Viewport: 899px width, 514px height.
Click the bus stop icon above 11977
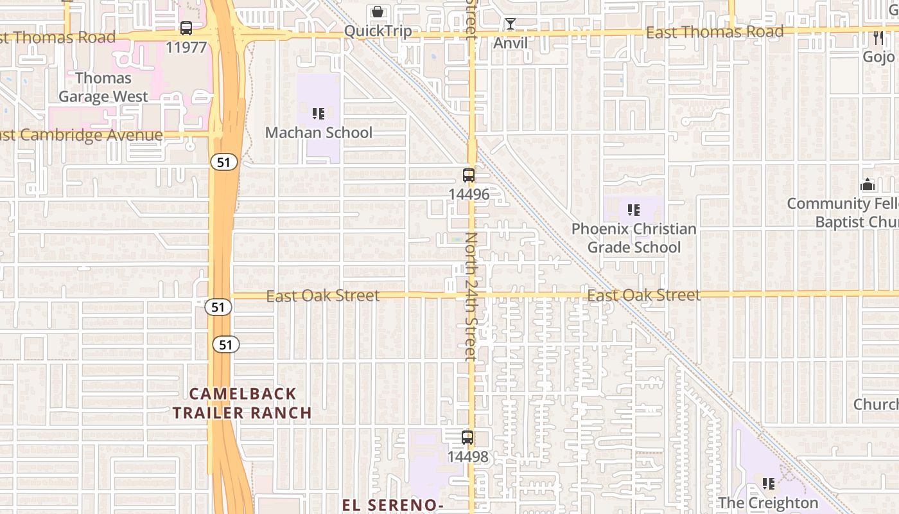coord(186,28)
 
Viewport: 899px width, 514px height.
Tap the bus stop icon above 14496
coord(469,175)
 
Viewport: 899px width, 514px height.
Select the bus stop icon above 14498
coord(467,438)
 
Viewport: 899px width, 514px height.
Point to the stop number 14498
coord(467,457)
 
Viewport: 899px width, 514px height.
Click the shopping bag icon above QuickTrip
coord(378,12)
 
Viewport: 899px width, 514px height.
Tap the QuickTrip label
coord(378,30)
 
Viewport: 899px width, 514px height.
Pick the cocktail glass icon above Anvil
coord(511,24)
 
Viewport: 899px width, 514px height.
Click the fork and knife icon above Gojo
coord(878,38)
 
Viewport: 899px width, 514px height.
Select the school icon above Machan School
coord(319,114)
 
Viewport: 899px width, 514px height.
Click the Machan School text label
coord(319,132)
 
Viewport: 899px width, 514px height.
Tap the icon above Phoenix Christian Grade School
coord(634,209)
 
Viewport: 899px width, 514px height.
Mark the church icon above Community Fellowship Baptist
coord(868,185)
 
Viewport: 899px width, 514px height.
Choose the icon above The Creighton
coord(768,483)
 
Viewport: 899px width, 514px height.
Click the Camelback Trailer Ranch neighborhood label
coord(242,403)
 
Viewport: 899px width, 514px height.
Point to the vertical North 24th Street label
coord(472,296)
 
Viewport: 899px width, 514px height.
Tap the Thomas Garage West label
coord(103,87)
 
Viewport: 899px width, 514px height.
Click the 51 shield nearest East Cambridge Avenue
coord(223,163)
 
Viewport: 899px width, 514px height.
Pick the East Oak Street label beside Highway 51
coord(323,296)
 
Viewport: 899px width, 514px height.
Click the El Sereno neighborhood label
coord(392,505)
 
